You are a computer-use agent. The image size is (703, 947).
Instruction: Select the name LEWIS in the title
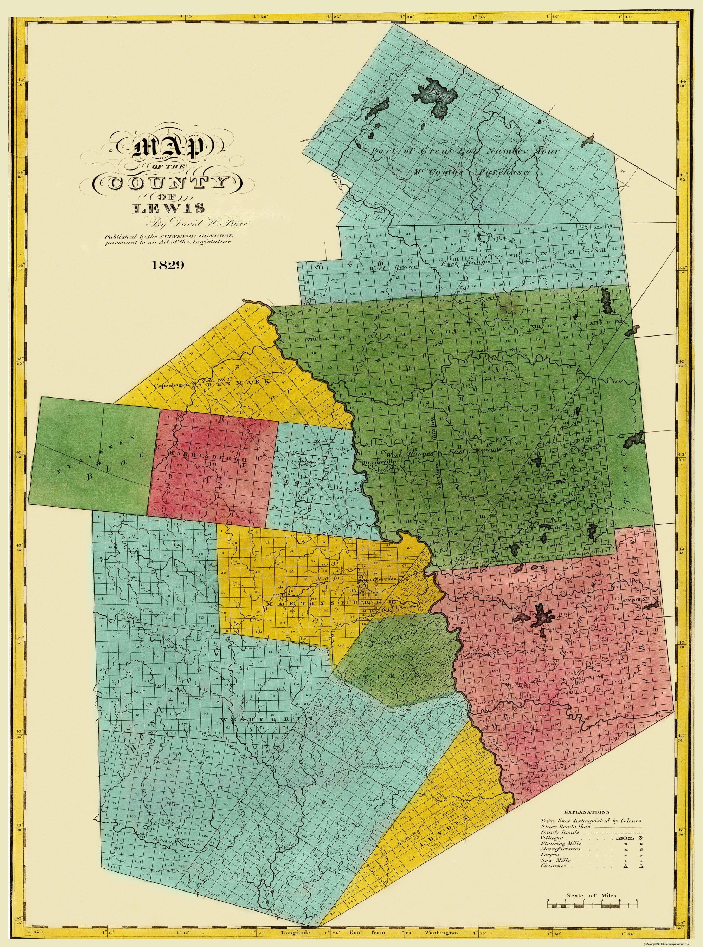[x=168, y=209]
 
